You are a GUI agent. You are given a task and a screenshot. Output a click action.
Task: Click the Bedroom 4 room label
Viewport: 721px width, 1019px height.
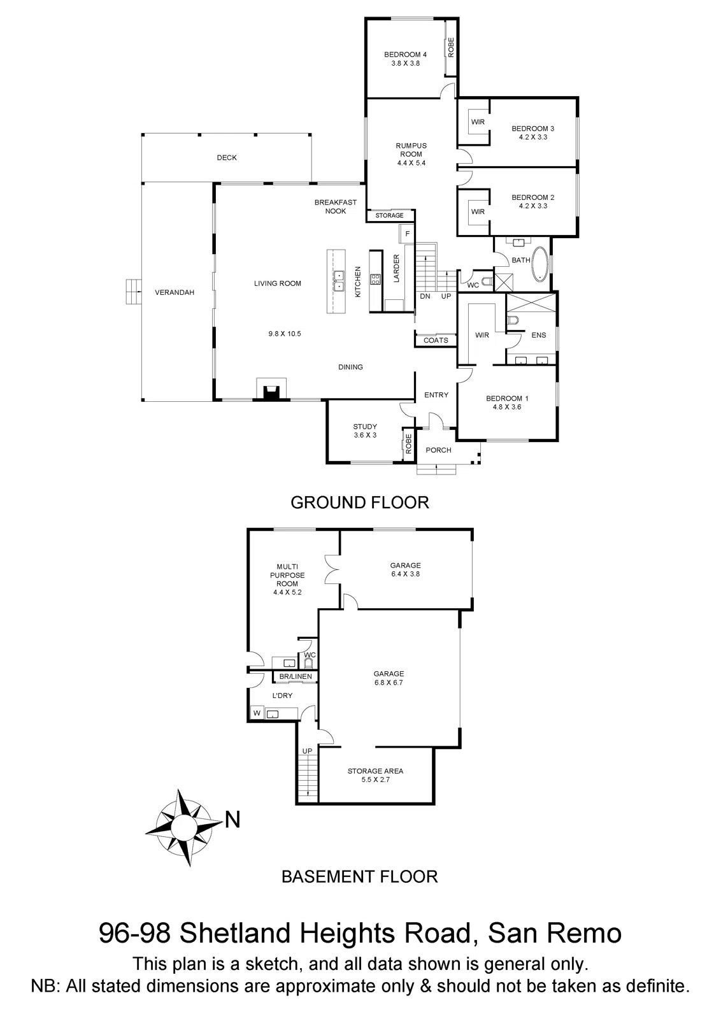click(405, 59)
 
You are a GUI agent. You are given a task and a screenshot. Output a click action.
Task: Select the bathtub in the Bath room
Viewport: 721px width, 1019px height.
click(541, 264)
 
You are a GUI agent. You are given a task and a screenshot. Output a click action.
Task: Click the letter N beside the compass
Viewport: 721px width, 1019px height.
click(233, 821)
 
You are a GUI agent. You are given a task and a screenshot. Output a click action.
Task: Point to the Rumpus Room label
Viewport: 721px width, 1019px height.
click(411, 154)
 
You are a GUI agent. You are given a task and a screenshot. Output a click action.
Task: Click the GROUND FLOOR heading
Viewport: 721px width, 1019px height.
click(359, 502)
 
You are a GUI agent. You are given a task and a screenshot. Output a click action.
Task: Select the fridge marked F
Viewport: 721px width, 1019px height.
click(407, 234)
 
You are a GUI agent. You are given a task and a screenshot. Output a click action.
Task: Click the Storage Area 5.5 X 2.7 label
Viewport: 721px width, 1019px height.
click(375, 775)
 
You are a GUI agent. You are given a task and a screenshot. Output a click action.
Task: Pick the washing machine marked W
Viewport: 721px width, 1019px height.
click(257, 712)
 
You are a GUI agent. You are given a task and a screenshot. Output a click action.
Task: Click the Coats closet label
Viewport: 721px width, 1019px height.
click(436, 340)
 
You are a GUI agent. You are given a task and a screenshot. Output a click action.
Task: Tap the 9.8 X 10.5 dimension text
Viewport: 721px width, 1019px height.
click(284, 334)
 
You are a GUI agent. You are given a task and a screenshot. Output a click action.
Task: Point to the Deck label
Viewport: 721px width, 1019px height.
click(226, 157)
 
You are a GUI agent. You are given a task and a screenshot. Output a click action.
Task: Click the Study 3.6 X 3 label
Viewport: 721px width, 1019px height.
click(365, 431)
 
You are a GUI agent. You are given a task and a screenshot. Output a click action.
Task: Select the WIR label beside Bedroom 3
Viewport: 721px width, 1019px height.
click(478, 122)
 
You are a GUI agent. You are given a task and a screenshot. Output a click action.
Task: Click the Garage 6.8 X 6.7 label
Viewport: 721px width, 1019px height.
click(389, 678)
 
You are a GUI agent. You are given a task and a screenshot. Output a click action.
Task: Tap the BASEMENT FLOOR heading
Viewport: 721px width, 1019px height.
click(359, 876)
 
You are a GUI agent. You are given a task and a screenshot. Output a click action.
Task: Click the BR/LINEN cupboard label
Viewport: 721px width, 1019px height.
click(296, 676)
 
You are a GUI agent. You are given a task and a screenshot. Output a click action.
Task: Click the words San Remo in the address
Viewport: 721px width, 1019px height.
click(554, 934)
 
